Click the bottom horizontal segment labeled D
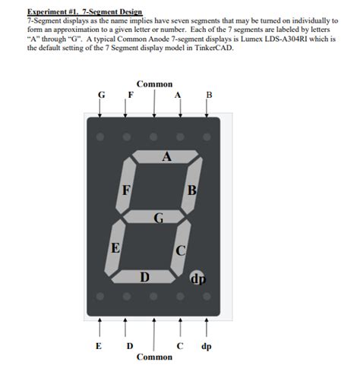144,275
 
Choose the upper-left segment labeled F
127,188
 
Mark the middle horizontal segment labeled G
156,218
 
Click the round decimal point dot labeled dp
198,279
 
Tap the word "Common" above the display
154,84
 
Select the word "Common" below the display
154,357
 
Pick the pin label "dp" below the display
207,347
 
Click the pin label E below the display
99,347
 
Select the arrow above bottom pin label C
180,328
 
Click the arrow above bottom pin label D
126,328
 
